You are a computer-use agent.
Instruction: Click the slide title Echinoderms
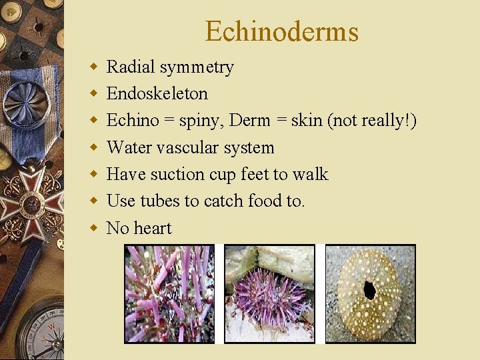(x=281, y=31)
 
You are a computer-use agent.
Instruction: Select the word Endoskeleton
(x=157, y=93)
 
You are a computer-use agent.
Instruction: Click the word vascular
(x=187, y=147)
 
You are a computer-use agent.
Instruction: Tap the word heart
(x=153, y=228)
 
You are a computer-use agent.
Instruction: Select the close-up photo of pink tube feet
(x=169, y=294)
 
